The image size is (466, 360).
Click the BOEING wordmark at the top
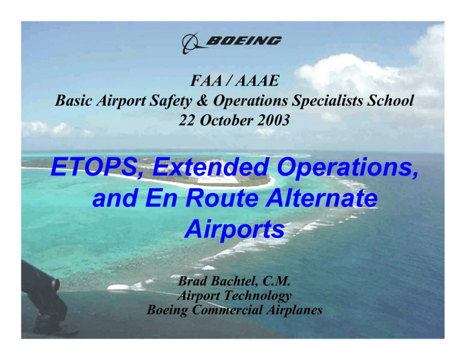click(243, 41)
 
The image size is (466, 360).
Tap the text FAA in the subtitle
click(206, 81)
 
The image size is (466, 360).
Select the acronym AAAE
click(257, 81)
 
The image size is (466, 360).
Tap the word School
click(390, 101)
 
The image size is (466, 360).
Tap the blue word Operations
click(348, 168)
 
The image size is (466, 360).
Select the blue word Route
click(223, 199)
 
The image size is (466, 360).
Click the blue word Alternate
click(322, 199)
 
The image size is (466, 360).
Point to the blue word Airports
click(235, 230)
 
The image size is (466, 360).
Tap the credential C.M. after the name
click(276, 281)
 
